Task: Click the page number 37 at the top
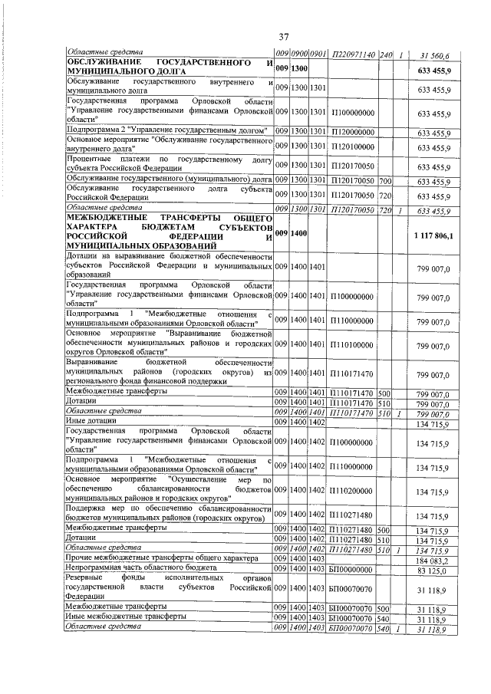click(x=283, y=37)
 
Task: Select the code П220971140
click(x=354, y=54)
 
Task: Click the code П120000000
click(x=353, y=132)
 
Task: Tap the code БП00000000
click(x=353, y=570)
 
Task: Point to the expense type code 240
click(x=385, y=54)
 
